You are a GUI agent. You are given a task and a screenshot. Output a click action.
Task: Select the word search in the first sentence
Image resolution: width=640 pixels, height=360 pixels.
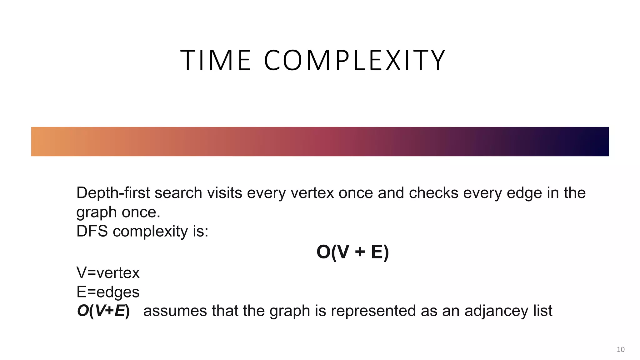tap(178, 193)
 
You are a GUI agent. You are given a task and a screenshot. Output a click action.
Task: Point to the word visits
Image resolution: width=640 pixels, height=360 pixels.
tap(225, 193)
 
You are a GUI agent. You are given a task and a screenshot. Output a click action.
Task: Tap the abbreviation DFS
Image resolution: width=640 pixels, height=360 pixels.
tap(92, 232)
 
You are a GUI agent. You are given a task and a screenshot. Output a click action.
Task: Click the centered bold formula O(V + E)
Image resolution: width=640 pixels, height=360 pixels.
tap(352, 252)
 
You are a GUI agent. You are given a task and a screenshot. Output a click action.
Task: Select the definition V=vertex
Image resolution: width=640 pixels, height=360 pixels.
tap(108, 273)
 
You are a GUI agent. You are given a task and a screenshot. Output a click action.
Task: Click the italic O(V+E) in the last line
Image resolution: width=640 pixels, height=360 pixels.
tap(103, 311)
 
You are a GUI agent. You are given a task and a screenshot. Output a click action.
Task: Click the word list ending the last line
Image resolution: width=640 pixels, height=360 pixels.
tap(543, 311)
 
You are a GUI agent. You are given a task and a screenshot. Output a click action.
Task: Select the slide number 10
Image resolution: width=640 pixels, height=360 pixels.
tap(620, 349)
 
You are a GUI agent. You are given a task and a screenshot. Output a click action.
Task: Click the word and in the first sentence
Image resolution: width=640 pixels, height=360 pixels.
tap(391, 193)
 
